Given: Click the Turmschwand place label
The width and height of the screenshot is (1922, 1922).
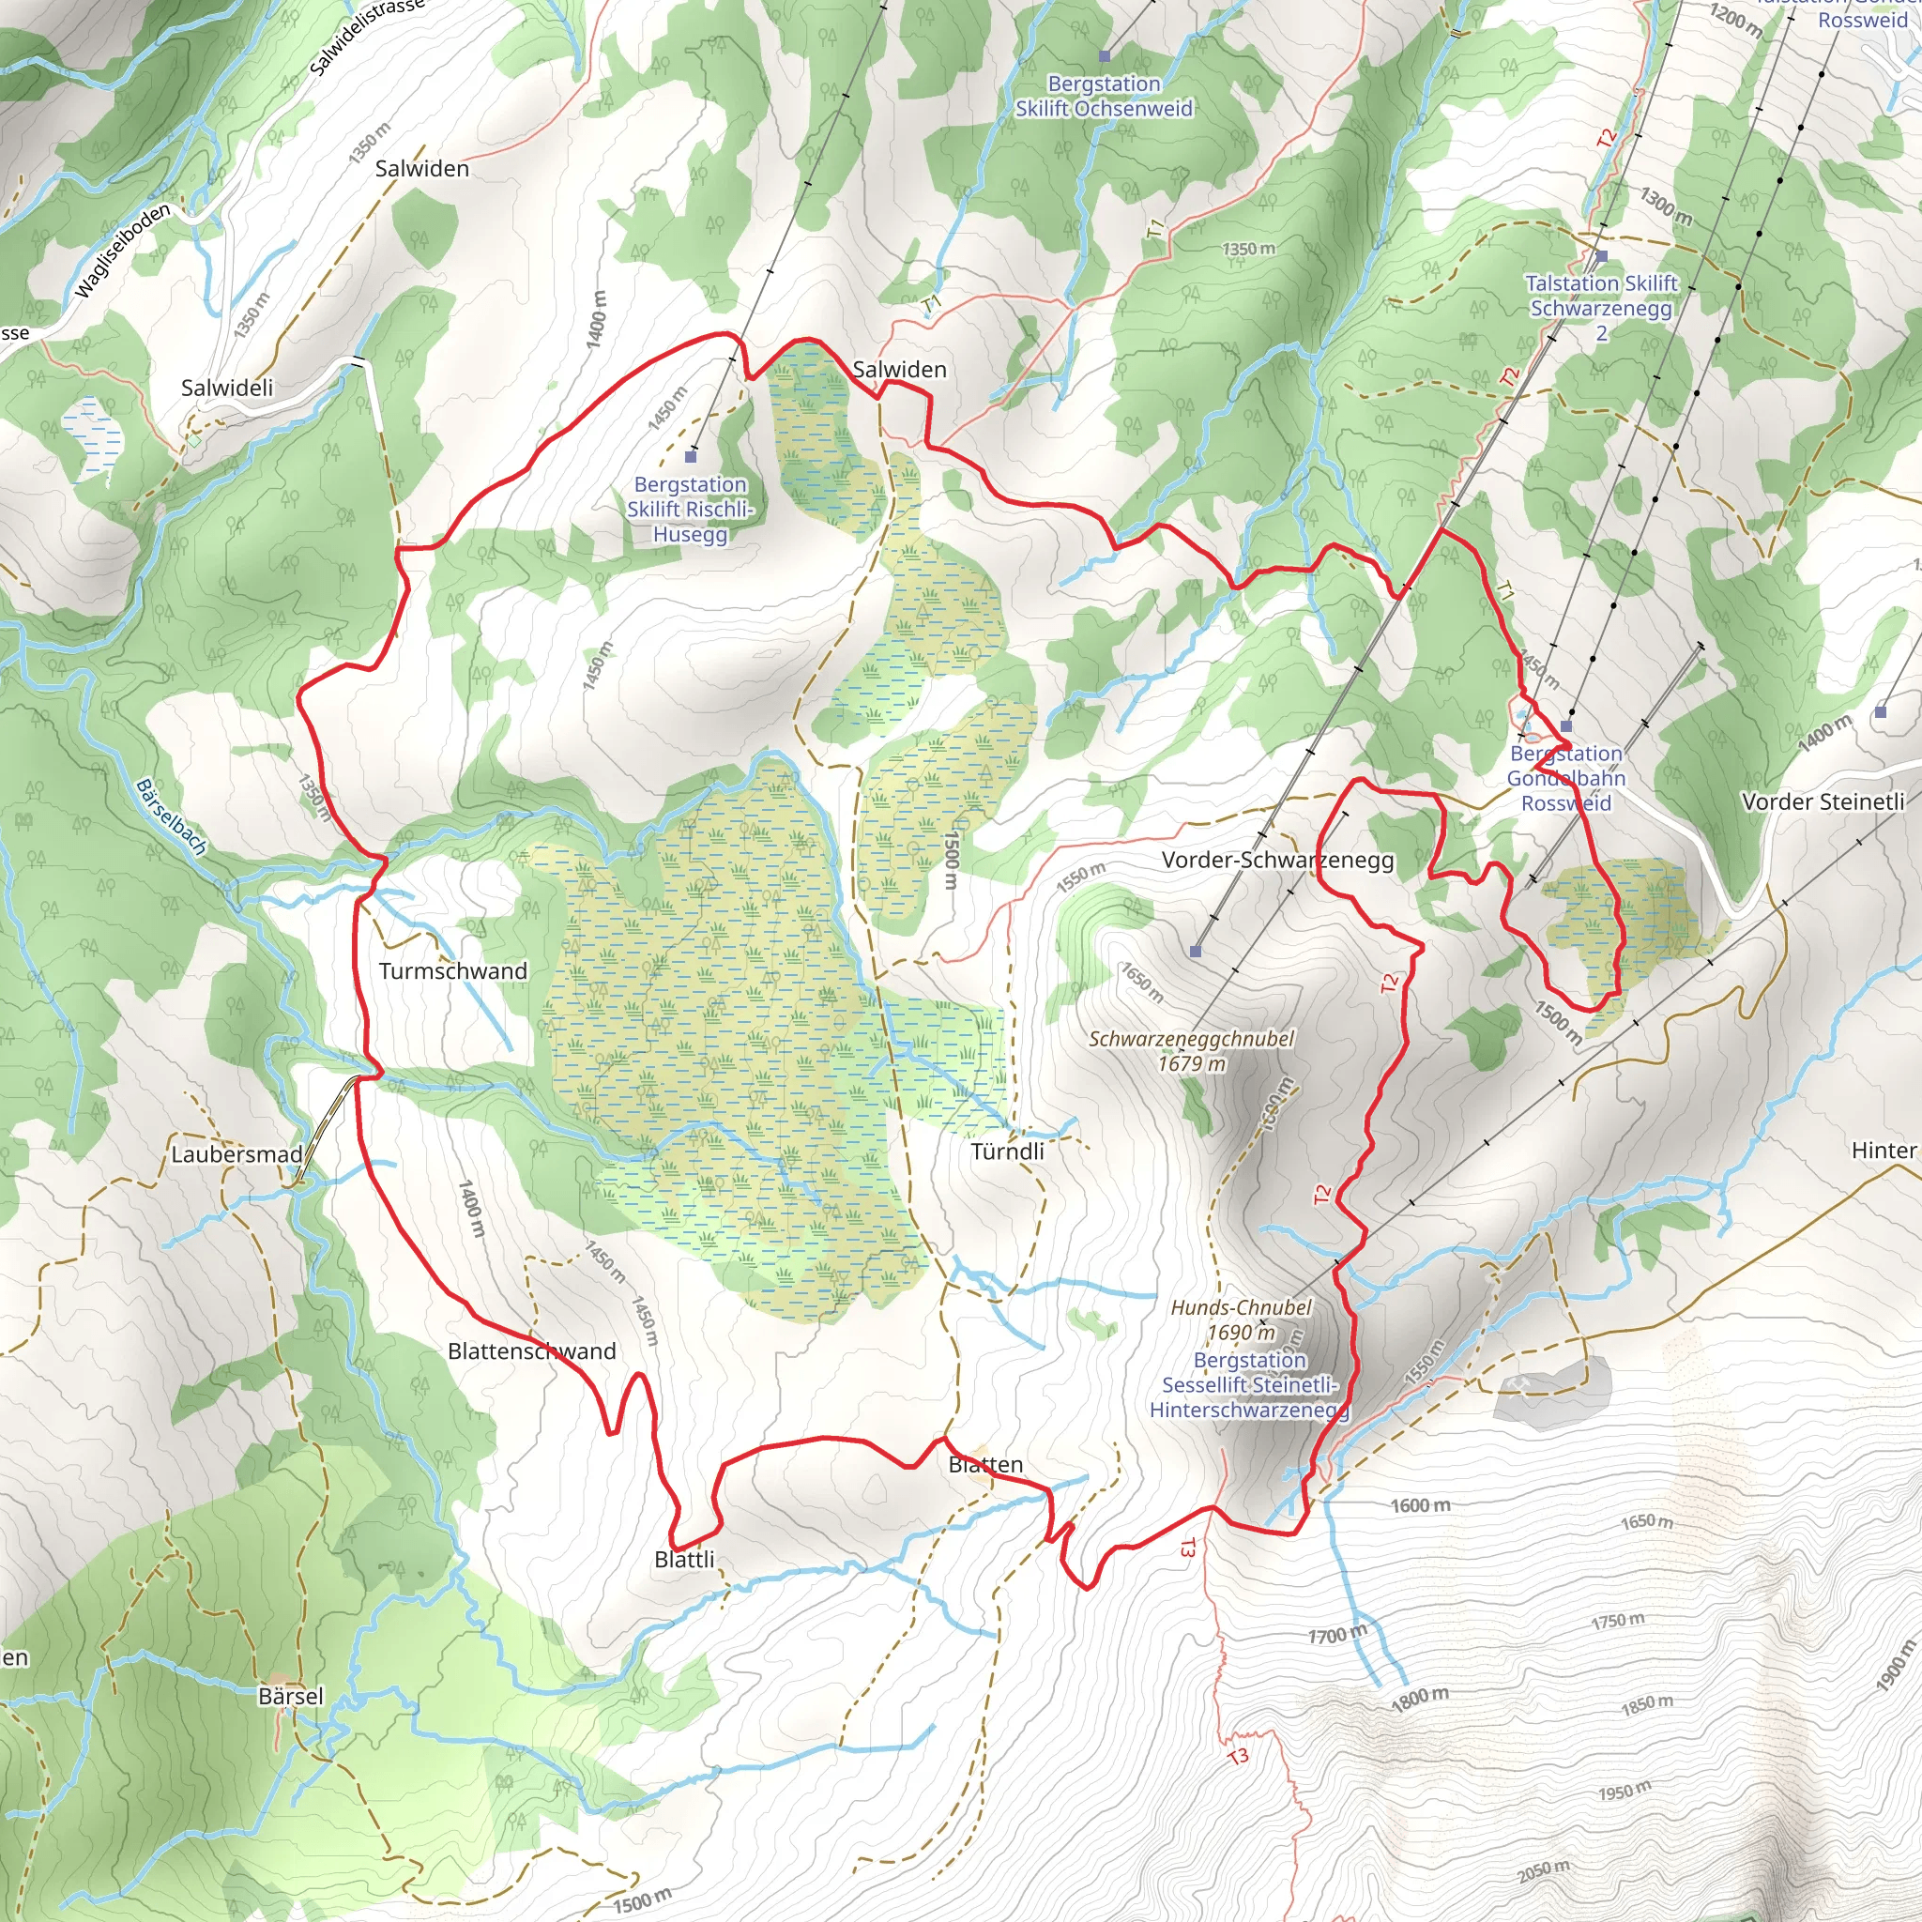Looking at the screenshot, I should coord(452,971).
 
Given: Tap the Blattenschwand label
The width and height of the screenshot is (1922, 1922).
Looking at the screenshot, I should coord(531,1351).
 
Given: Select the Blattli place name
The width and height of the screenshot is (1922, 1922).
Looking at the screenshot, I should coord(684,1559).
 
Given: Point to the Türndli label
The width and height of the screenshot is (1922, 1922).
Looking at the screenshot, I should coord(1007,1151).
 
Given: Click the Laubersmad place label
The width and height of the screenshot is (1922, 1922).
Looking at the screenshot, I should coord(236,1154).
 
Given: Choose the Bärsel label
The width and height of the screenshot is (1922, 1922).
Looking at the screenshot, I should coord(291,1695).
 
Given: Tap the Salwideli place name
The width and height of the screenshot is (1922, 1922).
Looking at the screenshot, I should coord(227,388).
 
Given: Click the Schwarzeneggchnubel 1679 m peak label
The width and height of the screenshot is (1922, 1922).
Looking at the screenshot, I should coord(1192,1050).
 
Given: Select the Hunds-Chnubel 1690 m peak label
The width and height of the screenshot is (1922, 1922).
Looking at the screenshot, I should coord(1242,1319).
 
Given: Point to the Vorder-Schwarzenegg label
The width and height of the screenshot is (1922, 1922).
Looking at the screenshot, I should coord(1277,860).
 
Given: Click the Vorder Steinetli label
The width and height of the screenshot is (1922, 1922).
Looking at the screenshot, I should coord(1823,801).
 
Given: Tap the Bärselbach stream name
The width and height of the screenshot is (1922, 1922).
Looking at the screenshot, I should coord(171,816).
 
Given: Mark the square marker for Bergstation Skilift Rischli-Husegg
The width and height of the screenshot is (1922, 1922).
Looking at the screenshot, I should coord(692,457).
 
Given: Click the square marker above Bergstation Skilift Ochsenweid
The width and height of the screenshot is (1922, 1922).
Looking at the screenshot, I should coord(1105,56).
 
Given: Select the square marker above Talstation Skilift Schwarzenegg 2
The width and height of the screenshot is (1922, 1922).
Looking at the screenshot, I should coord(1602,256).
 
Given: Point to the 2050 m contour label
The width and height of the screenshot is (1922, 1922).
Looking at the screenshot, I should coord(1543,1871).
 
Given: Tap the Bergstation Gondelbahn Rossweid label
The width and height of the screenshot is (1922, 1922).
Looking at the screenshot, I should coord(1566,778).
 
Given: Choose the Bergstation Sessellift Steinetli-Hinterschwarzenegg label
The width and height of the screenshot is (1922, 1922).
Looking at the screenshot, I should coord(1249,1385).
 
